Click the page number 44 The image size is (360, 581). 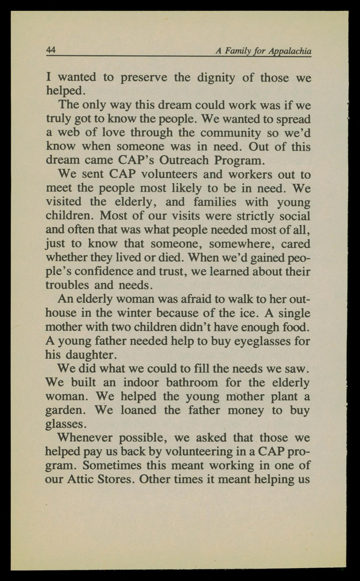[x=51, y=50]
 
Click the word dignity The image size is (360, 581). [x=216, y=78]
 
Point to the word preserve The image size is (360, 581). [x=144, y=78]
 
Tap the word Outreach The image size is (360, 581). [x=184, y=160]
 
